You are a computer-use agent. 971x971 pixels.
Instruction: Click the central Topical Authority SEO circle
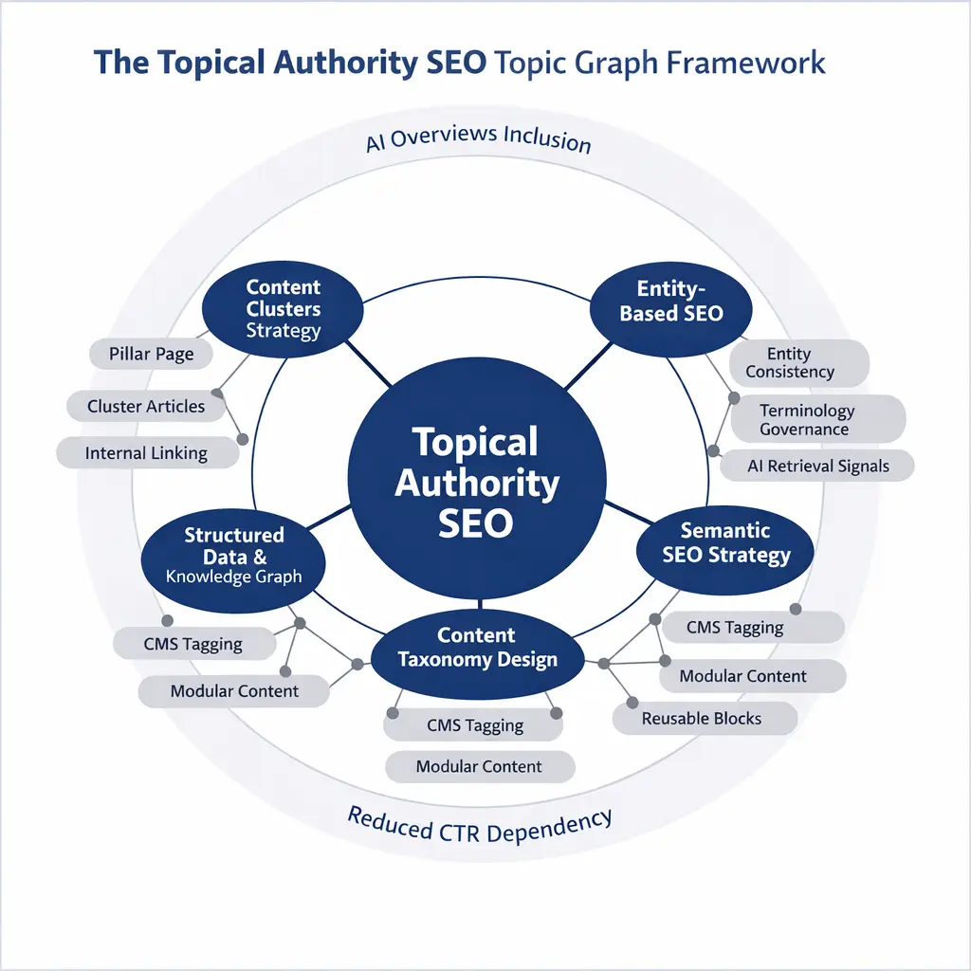(x=476, y=484)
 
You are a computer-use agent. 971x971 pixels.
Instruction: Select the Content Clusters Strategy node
(x=284, y=308)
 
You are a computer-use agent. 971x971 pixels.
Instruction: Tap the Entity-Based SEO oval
(x=670, y=302)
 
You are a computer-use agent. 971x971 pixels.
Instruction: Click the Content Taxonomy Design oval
(x=477, y=648)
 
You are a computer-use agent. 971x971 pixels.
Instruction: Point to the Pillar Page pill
(x=151, y=355)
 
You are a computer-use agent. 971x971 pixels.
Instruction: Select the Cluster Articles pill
(x=146, y=407)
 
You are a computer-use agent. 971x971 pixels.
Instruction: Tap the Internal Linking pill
(x=146, y=453)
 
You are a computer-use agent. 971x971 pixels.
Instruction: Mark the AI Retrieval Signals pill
(x=817, y=466)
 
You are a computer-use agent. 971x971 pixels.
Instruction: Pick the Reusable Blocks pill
(x=702, y=719)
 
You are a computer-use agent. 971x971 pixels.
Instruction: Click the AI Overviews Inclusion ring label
(x=478, y=138)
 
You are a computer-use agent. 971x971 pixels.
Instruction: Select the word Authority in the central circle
(x=476, y=483)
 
